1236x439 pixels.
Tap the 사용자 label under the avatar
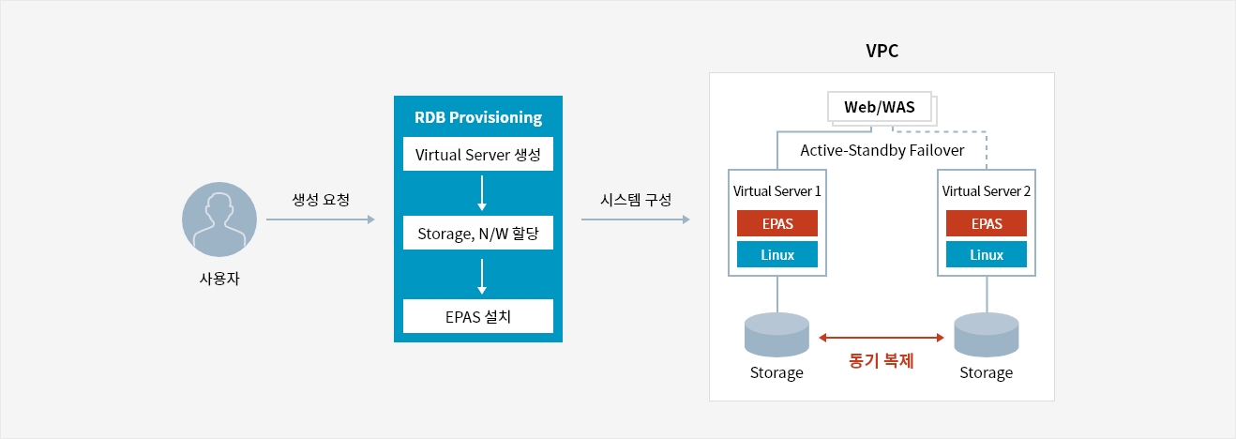click(x=219, y=279)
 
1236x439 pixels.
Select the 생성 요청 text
click(x=322, y=200)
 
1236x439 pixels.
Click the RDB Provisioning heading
click(x=478, y=117)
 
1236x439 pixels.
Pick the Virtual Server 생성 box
click(x=478, y=154)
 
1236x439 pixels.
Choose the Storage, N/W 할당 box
click(x=478, y=234)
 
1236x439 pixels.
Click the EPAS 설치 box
click(x=478, y=316)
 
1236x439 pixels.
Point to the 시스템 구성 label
click(x=636, y=200)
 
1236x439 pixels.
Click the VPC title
click(x=882, y=52)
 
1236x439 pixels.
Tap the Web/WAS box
click(x=879, y=107)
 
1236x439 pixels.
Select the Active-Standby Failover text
click(x=882, y=150)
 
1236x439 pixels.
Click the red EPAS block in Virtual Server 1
click(x=777, y=223)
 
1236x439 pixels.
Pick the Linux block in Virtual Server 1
click(x=777, y=254)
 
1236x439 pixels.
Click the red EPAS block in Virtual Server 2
click(x=987, y=223)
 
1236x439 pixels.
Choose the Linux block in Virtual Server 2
click(x=987, y=254)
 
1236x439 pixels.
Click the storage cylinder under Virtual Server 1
click(x=776, y=335)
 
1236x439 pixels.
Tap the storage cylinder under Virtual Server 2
click(x=986, y=335)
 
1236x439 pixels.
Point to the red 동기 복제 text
click(x=881, y=359)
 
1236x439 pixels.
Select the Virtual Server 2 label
click(x=987, y=191)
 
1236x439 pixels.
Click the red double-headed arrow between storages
click(x=881, y=337)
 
